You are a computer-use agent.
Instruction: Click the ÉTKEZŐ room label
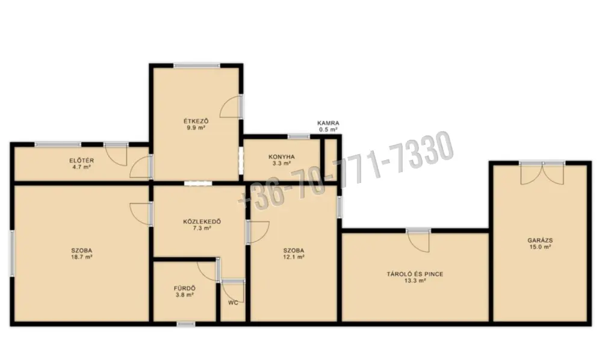coord(196,121)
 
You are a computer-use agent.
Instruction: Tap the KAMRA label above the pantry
coord(328,123)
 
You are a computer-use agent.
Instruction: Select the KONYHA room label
coord(281,157)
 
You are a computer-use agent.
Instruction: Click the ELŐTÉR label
coord(81,160)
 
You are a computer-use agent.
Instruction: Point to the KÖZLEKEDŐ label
coord(202,222)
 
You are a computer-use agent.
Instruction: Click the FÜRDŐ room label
coord(185,288)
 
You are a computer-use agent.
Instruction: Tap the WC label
coord(233,302)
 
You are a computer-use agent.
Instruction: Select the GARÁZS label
coord(540,240)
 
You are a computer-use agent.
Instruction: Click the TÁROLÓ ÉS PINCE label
coord(415,274)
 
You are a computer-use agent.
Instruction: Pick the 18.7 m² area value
coord(81,257)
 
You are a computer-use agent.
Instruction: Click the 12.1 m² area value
coord(294,257)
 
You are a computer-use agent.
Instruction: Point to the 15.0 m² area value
coord(540,247)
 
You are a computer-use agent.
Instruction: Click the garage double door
coord(542,173)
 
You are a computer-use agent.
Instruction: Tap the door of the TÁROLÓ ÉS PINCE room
coord(418,240)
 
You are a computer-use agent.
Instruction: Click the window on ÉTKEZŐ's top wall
coord(197,66)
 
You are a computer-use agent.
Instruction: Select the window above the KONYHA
coord(299,137)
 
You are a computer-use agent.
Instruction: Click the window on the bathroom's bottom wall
coord(186,324)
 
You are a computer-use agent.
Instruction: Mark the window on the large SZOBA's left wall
coord(12,253)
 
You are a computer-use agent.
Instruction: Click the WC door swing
coord(233,291)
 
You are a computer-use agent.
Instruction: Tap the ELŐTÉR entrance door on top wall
coord(116,154)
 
